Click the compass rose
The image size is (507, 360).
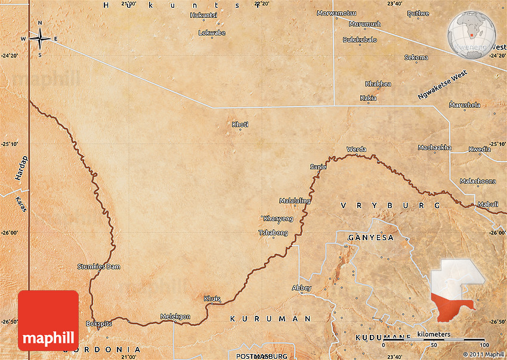[x=40, y=39]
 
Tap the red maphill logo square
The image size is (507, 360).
[x=48, y=320]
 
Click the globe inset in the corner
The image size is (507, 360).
[x=472, y=35]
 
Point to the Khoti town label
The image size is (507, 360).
[x=240, y=124]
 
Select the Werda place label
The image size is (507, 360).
[x=356, y=149]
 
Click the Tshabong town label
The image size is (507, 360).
[x=273, y=232]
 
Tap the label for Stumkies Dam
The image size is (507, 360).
[x=98, y=266]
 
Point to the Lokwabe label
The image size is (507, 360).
[x=212, y=33]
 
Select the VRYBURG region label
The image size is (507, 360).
[x=390, y=205]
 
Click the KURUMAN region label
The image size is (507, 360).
[x=271, y=319]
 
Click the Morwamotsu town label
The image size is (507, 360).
[x=336, y=13]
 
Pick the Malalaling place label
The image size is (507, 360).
[x=295, y=201]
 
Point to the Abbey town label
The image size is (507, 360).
[x=302, y=288]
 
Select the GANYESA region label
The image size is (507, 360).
[x=370, y=237]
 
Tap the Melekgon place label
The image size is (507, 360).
[x=175, y=316]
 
